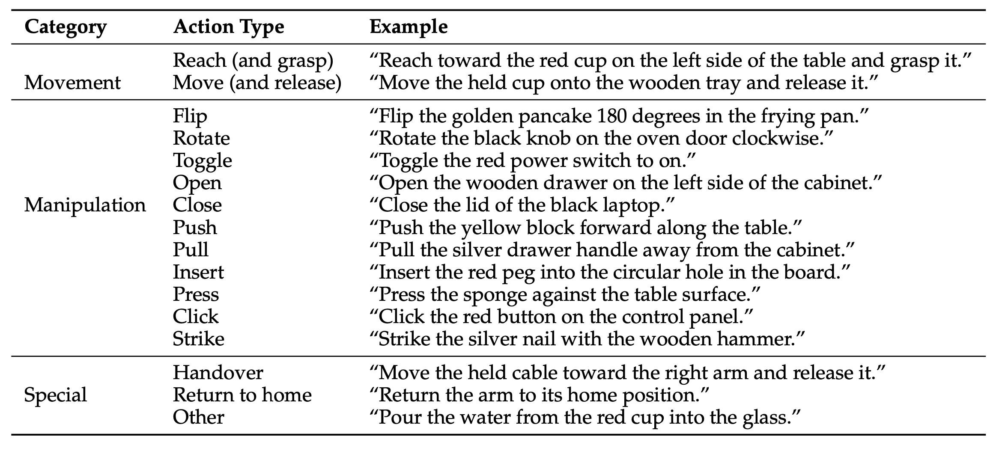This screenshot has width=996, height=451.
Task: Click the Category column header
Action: tap(65, 27)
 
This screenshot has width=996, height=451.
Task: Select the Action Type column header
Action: tap(228, 27)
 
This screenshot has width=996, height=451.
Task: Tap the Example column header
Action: tap(409, 27)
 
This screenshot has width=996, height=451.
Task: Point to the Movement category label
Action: tap(72, 82)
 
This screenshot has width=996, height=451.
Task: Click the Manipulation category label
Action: tap(85, 205)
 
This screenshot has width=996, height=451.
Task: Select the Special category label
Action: tap(55, 395)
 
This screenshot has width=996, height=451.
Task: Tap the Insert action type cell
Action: tap(198, 272)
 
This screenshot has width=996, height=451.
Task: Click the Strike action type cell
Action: tap(198, 339)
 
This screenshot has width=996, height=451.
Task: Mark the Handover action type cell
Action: tap(218, 372)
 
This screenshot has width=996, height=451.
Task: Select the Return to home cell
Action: tap(242, 395)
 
